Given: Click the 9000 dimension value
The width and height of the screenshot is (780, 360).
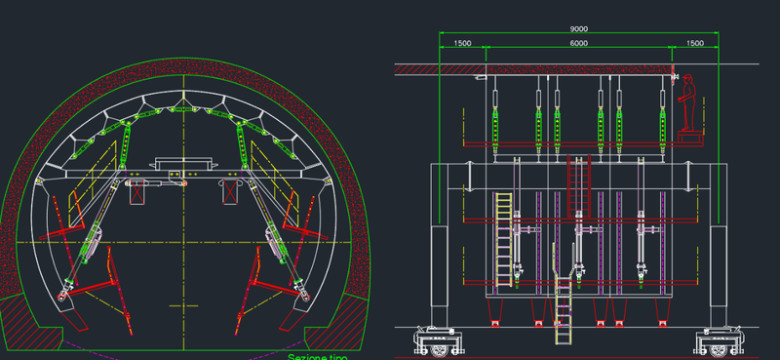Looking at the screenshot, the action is (x=578, y=29).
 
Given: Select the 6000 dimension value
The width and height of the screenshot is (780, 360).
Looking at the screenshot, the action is (x=578, y=43).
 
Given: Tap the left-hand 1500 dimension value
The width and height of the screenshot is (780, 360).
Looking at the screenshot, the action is (x=462, y=43).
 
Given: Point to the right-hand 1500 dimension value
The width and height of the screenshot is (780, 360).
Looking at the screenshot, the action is (x=695, y=43).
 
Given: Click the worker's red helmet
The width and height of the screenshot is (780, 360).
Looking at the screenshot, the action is (x=688, y=77).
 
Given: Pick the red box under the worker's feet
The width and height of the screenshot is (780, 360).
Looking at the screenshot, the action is (x=691, y=138).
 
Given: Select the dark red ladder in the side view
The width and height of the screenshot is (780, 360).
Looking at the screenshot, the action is (x=578, y=186).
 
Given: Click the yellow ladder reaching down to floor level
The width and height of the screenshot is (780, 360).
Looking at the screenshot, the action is (x=563, y=309).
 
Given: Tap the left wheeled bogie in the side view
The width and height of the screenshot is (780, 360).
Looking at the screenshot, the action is (x=437, y=341).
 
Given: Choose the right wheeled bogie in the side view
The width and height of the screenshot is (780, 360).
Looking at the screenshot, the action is (x=720, y=341).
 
